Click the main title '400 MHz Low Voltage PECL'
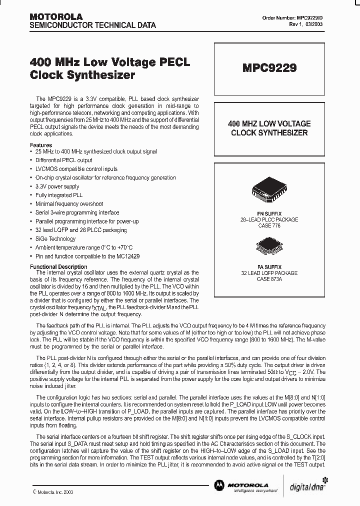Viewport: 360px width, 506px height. [x=110, y=62]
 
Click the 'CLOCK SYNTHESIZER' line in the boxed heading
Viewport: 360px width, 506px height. [x=269, y=133]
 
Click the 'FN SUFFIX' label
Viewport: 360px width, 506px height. [x=269, y=213]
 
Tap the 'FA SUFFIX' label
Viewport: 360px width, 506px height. [x=269, y=267]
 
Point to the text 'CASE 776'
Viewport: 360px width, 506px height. [x=269, y=225]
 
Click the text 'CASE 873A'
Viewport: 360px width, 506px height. [x=269, y=279]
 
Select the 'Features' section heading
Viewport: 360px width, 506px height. [x=41, y=145]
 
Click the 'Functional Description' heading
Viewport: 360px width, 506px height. [x=58, y=267]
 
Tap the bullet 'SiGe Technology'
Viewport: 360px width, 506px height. [x=55, y=238]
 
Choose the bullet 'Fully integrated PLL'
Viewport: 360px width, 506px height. [x=59, y=195]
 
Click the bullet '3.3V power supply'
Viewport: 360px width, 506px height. [x=57, y=186]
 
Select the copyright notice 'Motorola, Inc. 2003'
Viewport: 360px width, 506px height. [x=55, y=492]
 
